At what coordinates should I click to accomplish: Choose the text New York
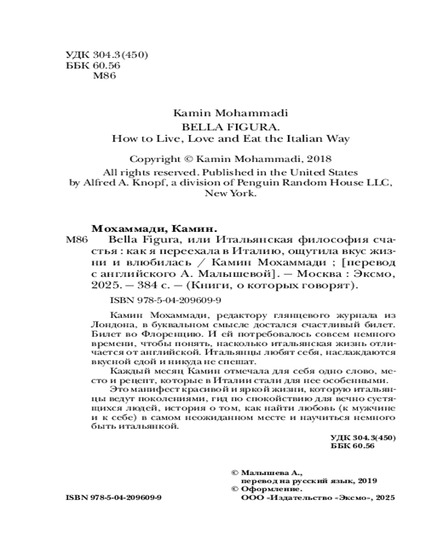[230, 194]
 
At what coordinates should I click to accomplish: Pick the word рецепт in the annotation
[128, 380]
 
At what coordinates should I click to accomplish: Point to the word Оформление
[271, 491]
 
